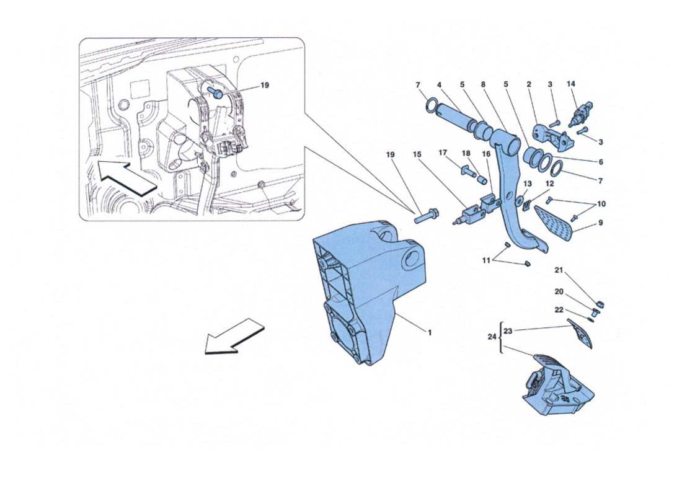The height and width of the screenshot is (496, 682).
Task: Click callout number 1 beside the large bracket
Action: (x=428, y=332)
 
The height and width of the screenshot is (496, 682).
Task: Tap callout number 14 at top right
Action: (x=571, y=84)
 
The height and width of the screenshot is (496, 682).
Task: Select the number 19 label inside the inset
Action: (x=265, y=86)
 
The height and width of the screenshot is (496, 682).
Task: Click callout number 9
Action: (x=601, y=224)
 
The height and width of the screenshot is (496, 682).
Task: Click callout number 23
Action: (x=508, y=331)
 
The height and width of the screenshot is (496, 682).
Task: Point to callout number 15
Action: (x=417, y=153)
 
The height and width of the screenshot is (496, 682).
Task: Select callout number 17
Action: (x=443, y=153)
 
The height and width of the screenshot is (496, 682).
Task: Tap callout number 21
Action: (x=558, y=270)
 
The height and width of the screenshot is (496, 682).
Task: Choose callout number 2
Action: (x=529, y=84)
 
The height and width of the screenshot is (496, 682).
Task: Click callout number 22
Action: (x=558, y=310)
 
